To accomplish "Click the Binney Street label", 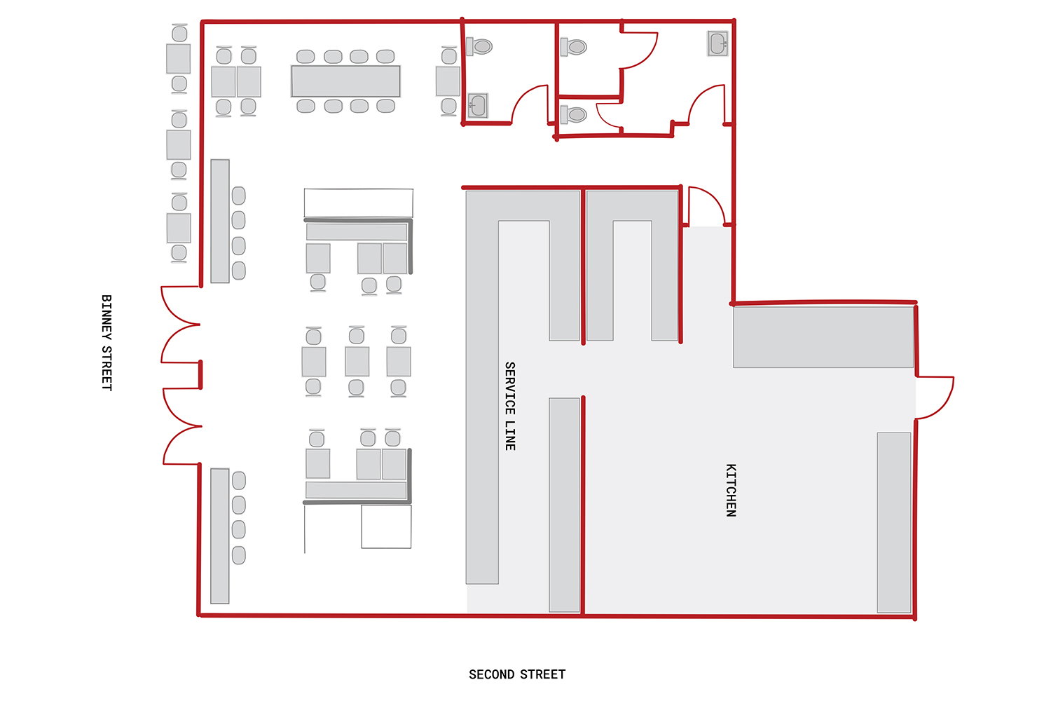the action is point(107,343).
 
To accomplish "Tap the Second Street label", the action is point(517,674).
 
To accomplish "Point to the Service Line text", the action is point(510,406).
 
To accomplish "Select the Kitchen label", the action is point(731,490).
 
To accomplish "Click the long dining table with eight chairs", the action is point(346,81).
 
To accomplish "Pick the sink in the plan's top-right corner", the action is point(718,43).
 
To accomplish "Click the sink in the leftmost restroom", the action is point(478,105).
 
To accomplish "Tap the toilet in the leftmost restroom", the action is point(479,46).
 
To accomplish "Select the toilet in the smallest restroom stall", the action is point(573,114).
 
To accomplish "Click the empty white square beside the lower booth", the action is point(386,526).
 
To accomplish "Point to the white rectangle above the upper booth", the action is point(359,203).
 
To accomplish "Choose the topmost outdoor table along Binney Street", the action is point(178,59).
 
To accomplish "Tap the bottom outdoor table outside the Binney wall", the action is point(179,229).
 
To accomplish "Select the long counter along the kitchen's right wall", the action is point(894,522).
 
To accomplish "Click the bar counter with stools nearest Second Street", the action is point(219,536).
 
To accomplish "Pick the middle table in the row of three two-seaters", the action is point(357,362).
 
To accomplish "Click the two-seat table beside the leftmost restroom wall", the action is point(448,81).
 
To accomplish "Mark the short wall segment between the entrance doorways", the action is point(200,374).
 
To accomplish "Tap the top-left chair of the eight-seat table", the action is point(305,56).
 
